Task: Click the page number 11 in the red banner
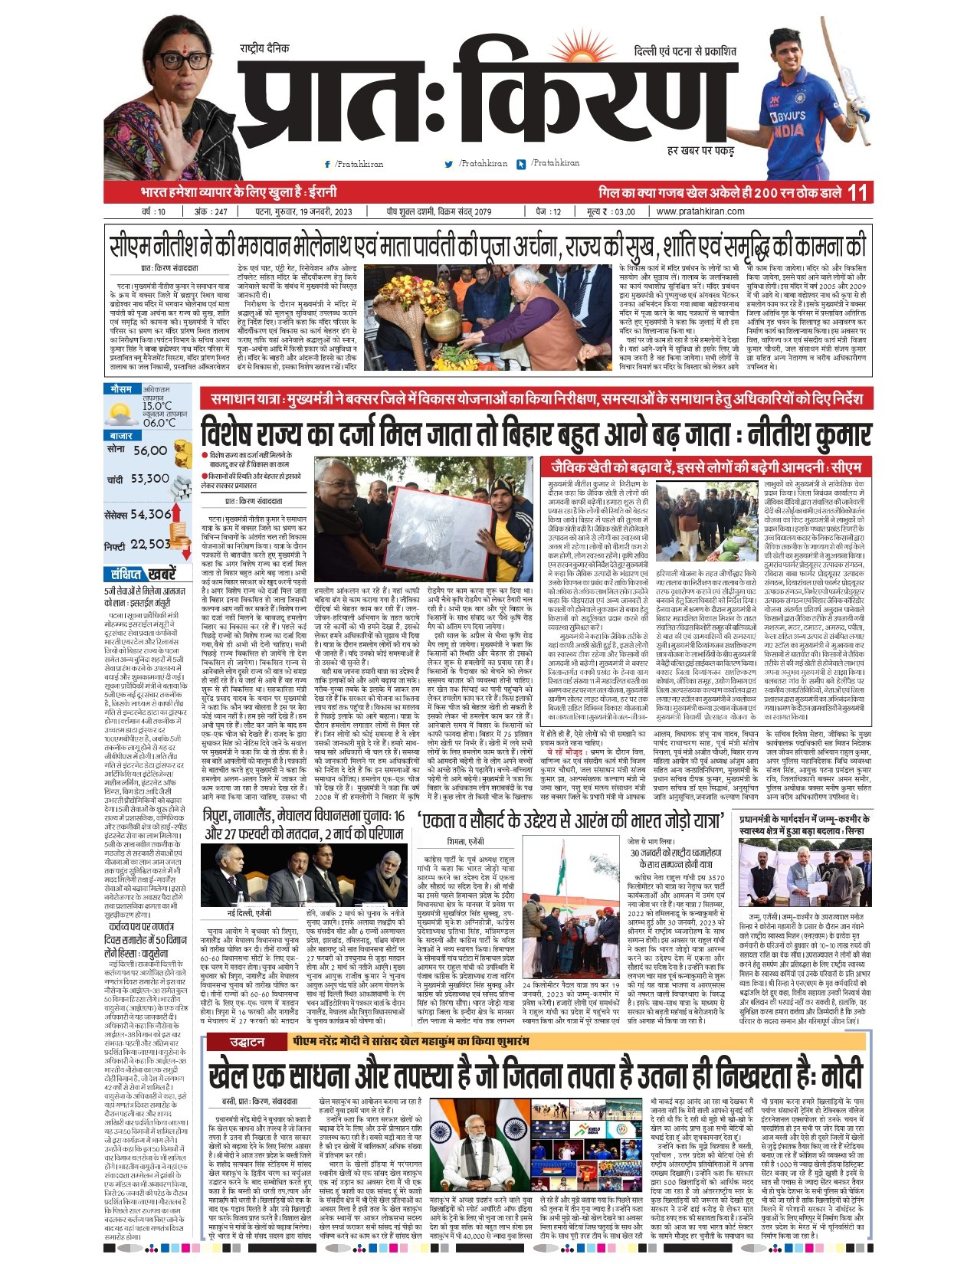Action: click(858, 192)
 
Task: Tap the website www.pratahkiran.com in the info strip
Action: click(700, 211)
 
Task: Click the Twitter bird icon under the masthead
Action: click(448, 164)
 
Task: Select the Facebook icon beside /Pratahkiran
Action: click(328, 164)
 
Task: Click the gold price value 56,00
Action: click(149, 450)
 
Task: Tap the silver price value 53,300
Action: click(149, 479)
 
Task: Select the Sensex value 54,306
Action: click(150, 514)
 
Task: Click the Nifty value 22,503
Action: click(150, 544)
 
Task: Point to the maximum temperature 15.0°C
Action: click(157, 406)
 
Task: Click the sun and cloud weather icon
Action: click(122, 414)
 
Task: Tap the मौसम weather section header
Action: click(121, 389)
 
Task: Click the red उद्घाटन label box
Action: click(247, 1042)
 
